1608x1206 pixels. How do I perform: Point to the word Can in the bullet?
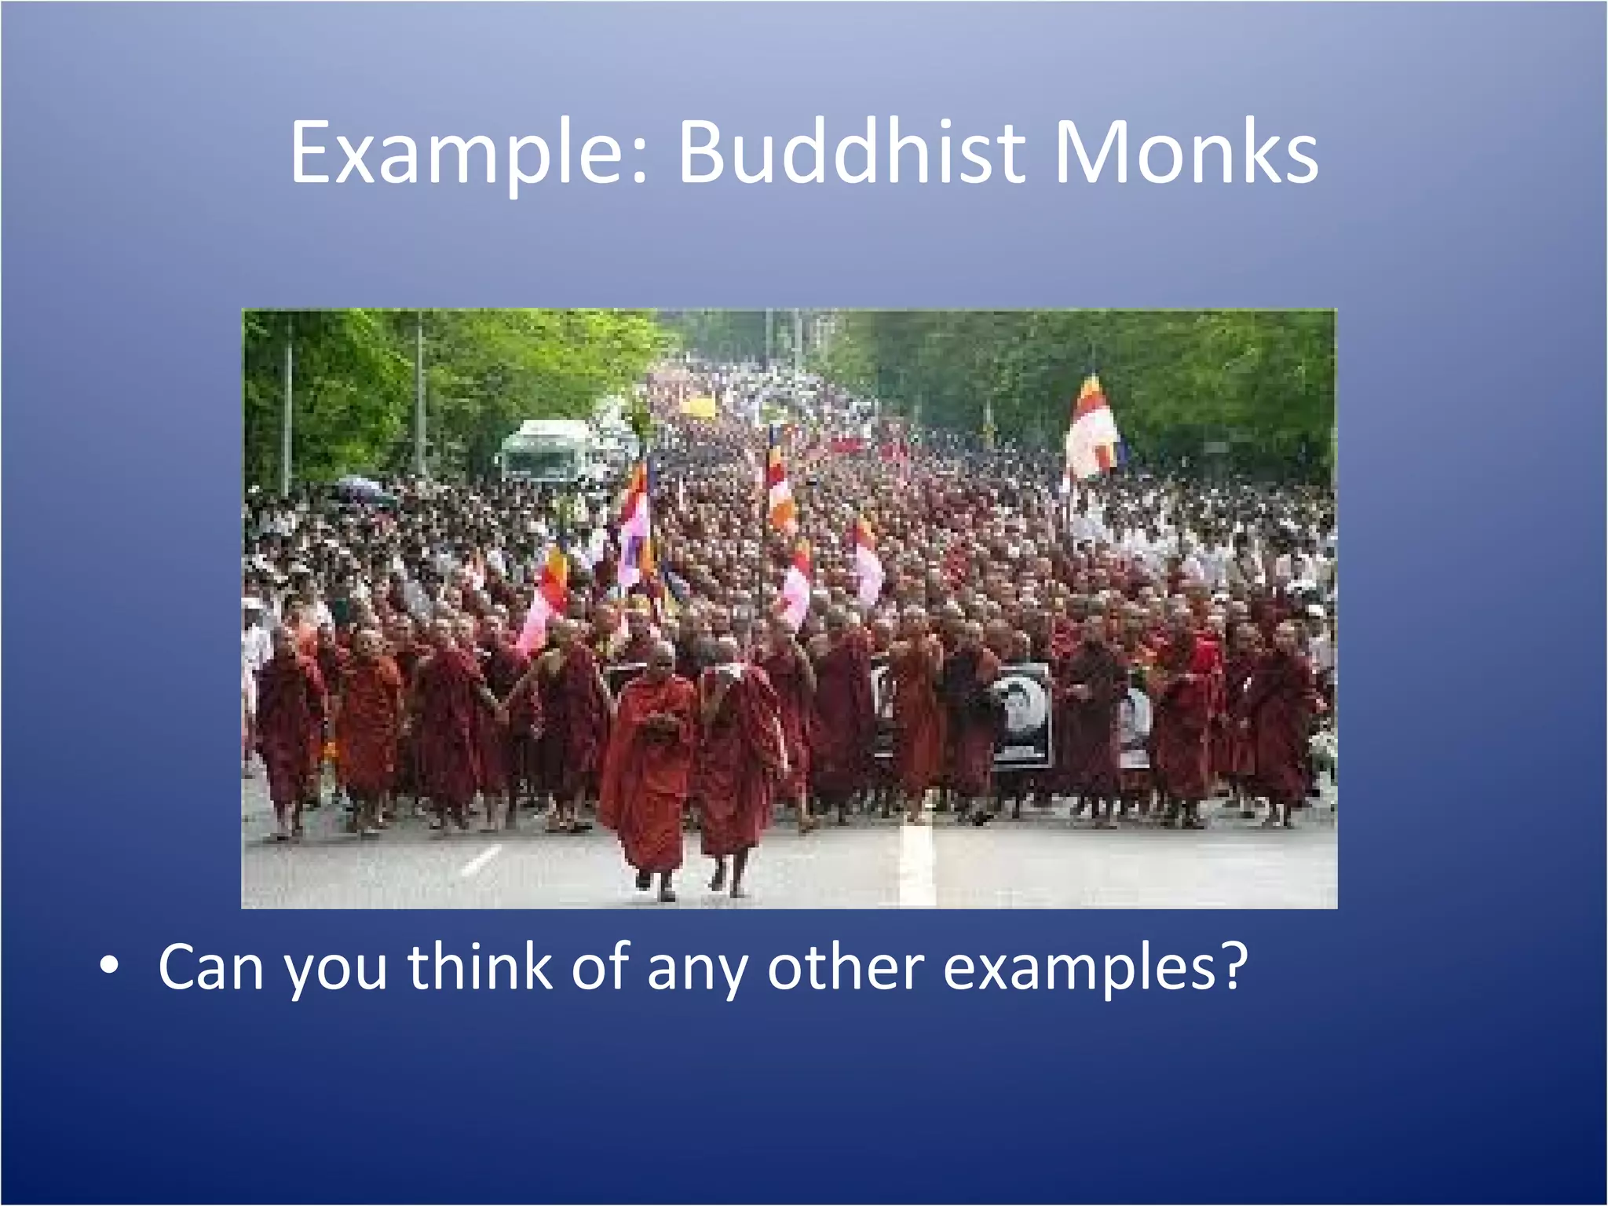(210, 967)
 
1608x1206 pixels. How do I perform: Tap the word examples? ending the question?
(1095, 967)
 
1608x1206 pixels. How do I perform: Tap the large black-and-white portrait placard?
(1021, 714)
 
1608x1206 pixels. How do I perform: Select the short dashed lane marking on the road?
(481, 860)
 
